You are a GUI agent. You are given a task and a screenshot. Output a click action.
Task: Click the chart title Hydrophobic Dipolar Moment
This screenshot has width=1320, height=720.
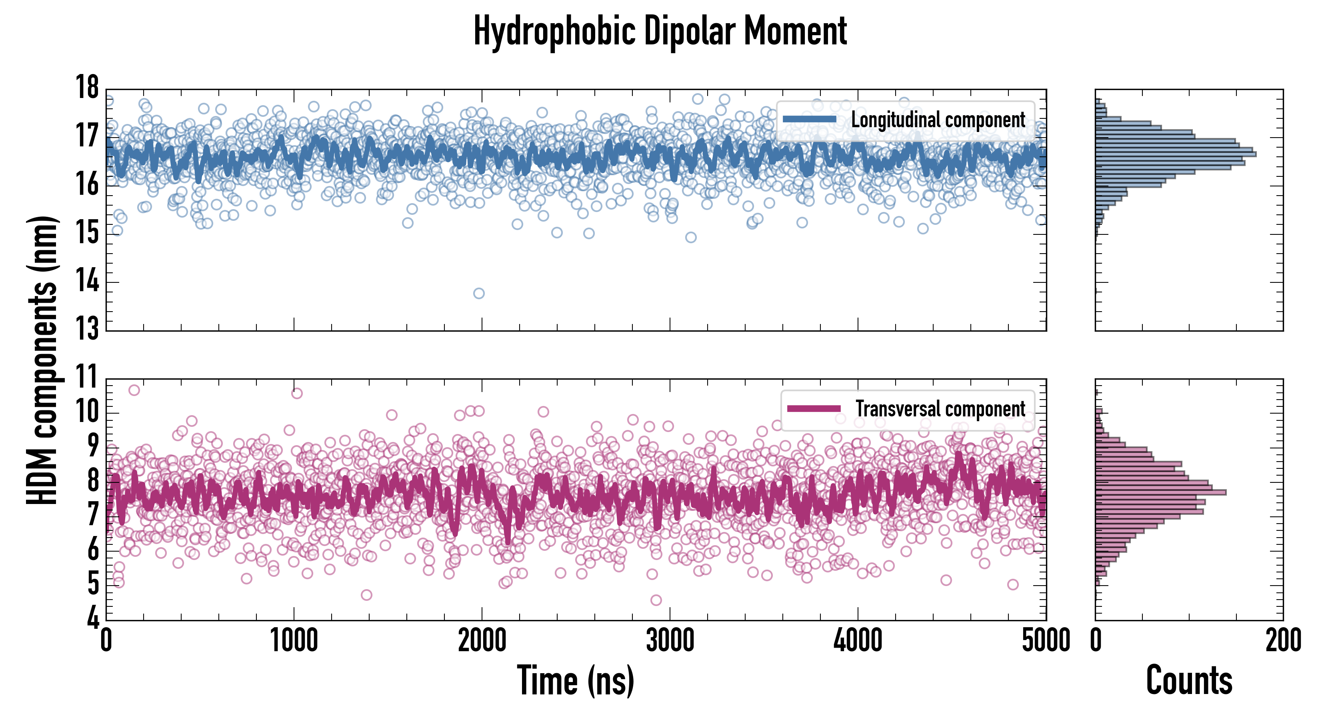[660, 32]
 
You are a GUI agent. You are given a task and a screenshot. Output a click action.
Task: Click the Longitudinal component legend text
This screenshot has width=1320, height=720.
[938, 120]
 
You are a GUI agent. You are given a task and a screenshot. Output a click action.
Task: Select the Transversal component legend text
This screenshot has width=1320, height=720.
[940, 409]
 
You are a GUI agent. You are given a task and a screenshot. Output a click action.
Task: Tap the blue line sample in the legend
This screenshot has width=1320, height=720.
[810, 120]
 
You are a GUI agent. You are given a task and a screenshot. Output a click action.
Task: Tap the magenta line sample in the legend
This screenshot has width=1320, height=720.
[814, 408]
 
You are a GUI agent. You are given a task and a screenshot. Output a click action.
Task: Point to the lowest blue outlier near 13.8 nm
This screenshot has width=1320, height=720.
[479, 293]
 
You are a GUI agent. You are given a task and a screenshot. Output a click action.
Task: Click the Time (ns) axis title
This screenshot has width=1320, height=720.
[576, 680]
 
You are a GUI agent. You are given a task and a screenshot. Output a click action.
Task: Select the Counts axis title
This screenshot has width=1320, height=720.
[1189, 680]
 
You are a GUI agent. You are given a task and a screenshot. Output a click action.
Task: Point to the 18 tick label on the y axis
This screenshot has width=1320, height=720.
[87, 87]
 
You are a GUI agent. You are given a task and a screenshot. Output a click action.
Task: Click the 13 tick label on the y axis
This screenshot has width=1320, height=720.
[87, 328]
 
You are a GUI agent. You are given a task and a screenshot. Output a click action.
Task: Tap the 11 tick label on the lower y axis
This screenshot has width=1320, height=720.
[87, 378]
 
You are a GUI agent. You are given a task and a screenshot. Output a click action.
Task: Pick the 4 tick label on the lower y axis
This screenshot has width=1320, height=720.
[93, 618]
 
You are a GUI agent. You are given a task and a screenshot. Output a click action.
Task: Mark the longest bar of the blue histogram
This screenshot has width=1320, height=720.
[1176, 154]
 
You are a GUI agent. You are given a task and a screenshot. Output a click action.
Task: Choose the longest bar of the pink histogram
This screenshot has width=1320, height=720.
[1161, 492]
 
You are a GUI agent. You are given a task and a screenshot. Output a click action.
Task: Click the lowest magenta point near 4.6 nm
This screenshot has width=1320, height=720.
[656, 600]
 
